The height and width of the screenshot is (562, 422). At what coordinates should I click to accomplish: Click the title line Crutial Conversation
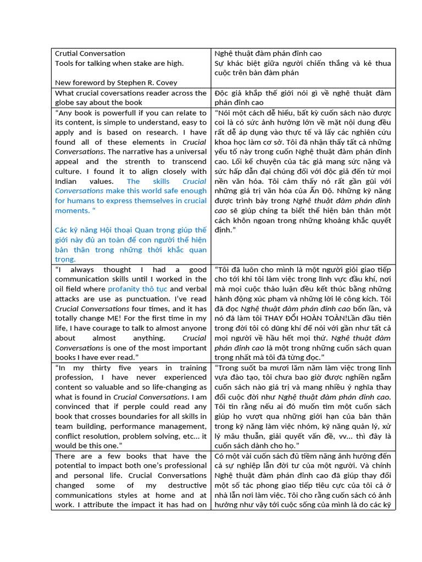(90, 53)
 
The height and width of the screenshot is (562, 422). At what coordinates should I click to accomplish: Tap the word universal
(187, 151)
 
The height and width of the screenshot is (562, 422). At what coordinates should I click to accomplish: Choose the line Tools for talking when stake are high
(119, 63)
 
